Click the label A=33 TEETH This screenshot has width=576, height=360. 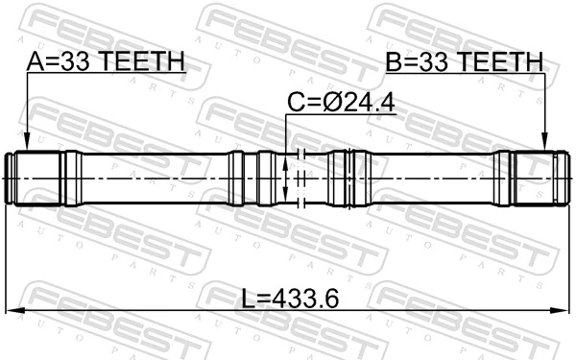pos(106,62)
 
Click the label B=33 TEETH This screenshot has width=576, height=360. pos(465,62)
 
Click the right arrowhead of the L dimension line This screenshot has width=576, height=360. pos(562,310)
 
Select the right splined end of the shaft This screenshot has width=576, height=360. pos(534,178)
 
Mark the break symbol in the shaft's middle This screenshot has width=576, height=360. pos(300,178)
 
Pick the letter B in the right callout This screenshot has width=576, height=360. pos(394,62)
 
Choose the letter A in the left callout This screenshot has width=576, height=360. pos(36,62)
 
